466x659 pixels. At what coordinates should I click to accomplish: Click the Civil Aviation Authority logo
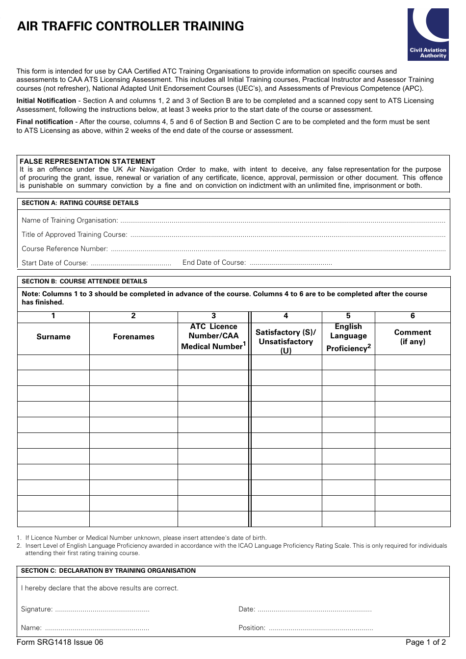(x=428, y=34)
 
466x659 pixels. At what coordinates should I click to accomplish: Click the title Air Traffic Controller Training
(x=130, y=26)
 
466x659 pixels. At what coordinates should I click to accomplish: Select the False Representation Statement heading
(x=87, y=161)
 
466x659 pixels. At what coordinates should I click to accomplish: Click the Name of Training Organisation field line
(x=282, y=221)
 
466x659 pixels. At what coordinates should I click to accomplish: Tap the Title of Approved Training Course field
(x=287, y=235)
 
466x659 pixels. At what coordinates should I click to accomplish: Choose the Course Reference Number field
(x=278, y=250)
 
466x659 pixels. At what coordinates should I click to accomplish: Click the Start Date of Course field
(x=130, y=263)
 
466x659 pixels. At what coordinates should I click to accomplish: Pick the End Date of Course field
(x=290, y=263)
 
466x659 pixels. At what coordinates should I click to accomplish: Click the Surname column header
(x=53, y=337)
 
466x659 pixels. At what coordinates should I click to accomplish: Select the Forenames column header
(x=133, y=337)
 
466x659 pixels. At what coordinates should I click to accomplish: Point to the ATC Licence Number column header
(x=213, y=337)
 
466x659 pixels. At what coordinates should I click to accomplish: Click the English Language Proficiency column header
(x=348, y=337)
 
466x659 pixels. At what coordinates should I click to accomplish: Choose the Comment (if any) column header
(x=413, y=337)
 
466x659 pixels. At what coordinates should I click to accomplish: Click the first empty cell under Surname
(x=53, y=362)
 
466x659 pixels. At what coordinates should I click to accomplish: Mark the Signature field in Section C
(x=102, y=610)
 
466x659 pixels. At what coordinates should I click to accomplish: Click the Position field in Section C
(x=321, y=629)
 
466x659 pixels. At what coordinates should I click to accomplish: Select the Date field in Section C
(x=314, y=610)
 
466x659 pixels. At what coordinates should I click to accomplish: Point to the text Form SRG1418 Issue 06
(x=60, y=642)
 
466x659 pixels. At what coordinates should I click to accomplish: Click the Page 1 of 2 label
(x=425, y=642)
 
